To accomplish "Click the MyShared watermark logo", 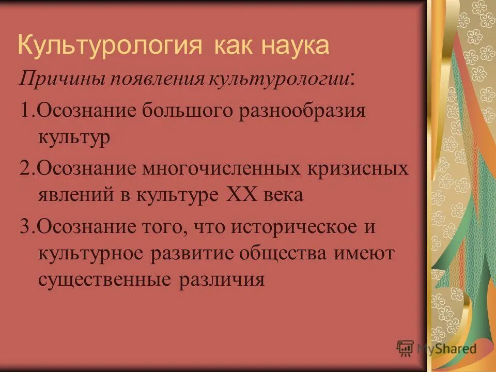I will pyautogui.click(x=437, y=349).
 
